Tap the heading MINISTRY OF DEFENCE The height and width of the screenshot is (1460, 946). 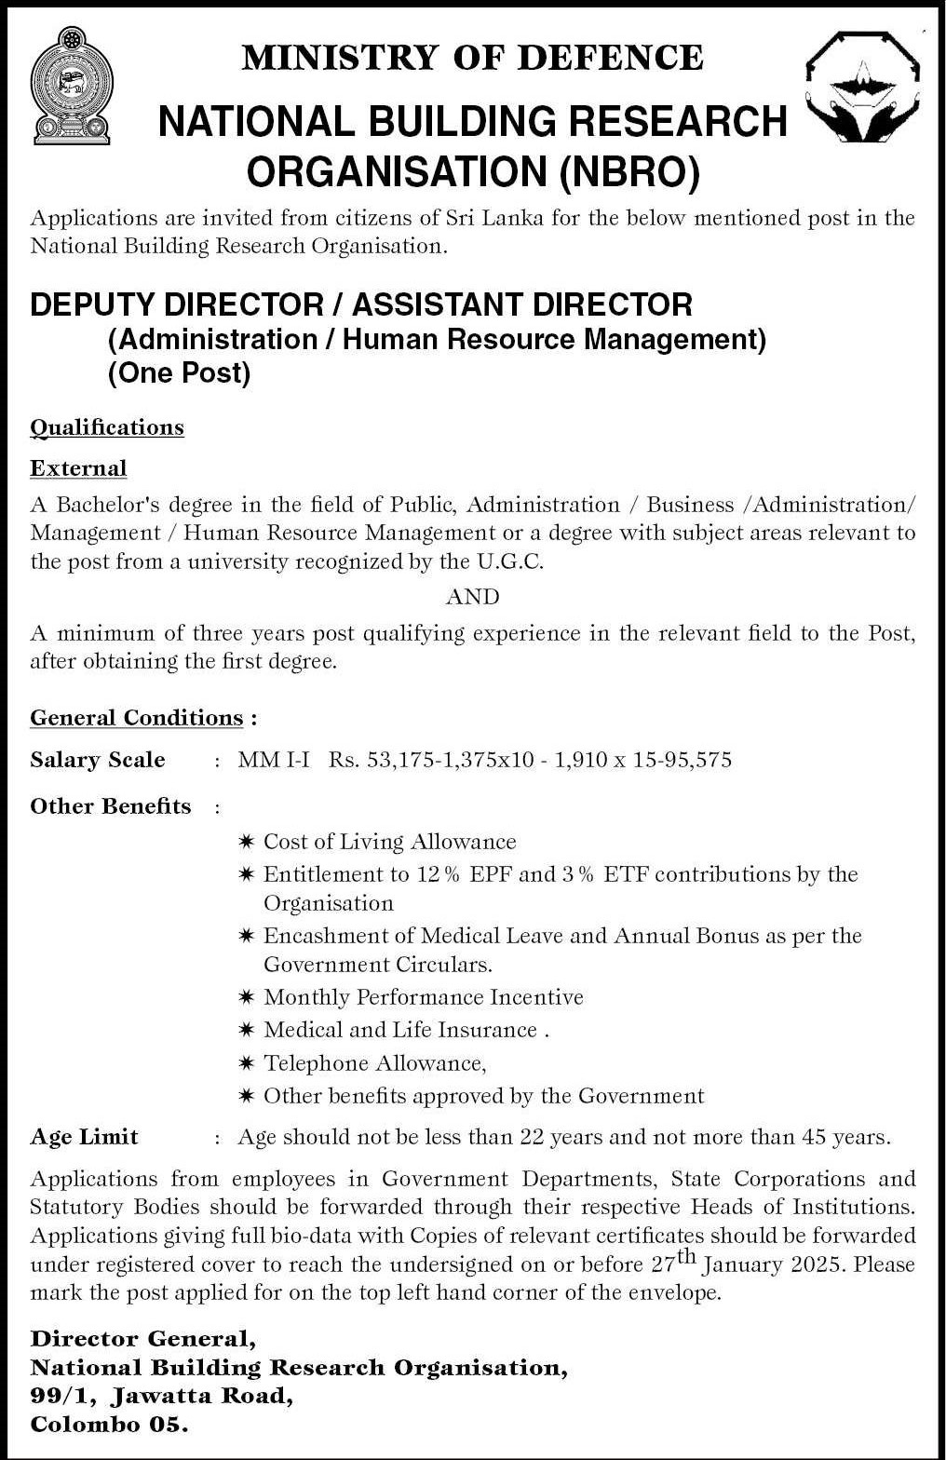tap(472, 58)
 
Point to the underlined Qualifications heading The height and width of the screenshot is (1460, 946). tap(107, 427)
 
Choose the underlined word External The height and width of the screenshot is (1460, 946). tap(78, 467)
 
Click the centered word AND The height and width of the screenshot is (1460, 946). tap(472, 596)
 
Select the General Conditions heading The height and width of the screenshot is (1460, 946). tap(137, 718)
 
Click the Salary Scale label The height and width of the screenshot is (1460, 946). tap(98, 760)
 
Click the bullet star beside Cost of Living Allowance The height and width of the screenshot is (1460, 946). tap(246, 842)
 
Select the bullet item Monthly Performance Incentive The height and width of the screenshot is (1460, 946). tap(423, 997)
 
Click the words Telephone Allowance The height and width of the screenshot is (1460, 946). tap(374, 1062)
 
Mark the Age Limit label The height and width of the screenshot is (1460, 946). tap(84, 1137)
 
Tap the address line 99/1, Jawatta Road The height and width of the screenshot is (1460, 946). tap(162, 1396)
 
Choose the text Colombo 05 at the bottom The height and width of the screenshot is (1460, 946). tap(109, 1425)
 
